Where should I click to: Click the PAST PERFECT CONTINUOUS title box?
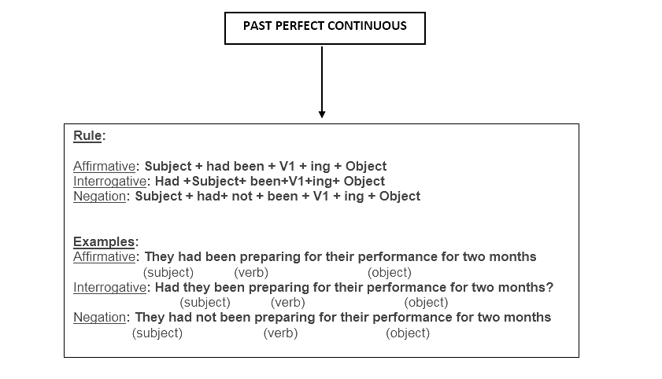324,13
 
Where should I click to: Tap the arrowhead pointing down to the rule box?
322,114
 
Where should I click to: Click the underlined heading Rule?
87,136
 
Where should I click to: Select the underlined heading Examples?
104,242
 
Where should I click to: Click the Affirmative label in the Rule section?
104,166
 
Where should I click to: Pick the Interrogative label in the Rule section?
109,182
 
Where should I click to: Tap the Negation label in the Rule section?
100,197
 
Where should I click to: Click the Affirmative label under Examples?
104,257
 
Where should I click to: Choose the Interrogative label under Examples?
109,288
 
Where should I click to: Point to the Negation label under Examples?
100,318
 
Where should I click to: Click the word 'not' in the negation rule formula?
242,197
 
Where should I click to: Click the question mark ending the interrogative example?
549,287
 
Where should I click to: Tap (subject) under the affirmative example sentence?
168,273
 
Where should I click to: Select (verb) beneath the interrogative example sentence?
288,303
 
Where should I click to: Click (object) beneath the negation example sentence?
408,333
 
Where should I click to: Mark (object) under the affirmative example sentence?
390,273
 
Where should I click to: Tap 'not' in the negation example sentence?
206,318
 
